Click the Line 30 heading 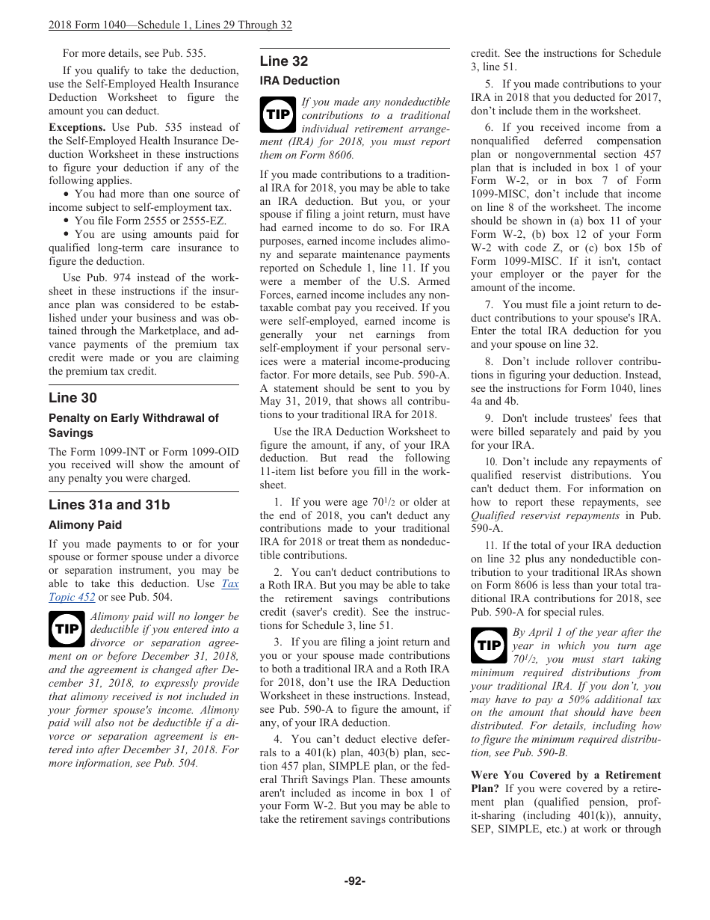(72, 398)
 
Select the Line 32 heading (284, 61)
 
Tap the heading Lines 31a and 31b (109, 505)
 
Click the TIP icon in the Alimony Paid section (67, 629)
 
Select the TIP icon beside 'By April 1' (489, 645)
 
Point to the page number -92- (354, 881)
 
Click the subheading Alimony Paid (85, 525)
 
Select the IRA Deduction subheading (300, 81)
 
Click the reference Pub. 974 (101, 277)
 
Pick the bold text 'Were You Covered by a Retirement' (566, 775)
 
